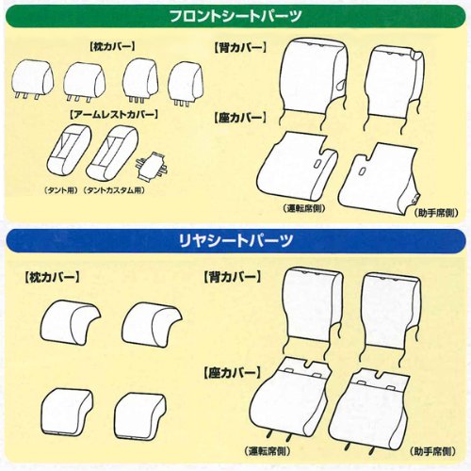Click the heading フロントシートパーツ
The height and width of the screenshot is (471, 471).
pyautogui.click(x=235, y=16)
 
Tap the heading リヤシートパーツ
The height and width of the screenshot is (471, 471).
pyautogui.click(x=235, y=240)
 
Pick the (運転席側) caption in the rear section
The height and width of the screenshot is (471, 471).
pyautogui.click(x=271, y=452)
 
